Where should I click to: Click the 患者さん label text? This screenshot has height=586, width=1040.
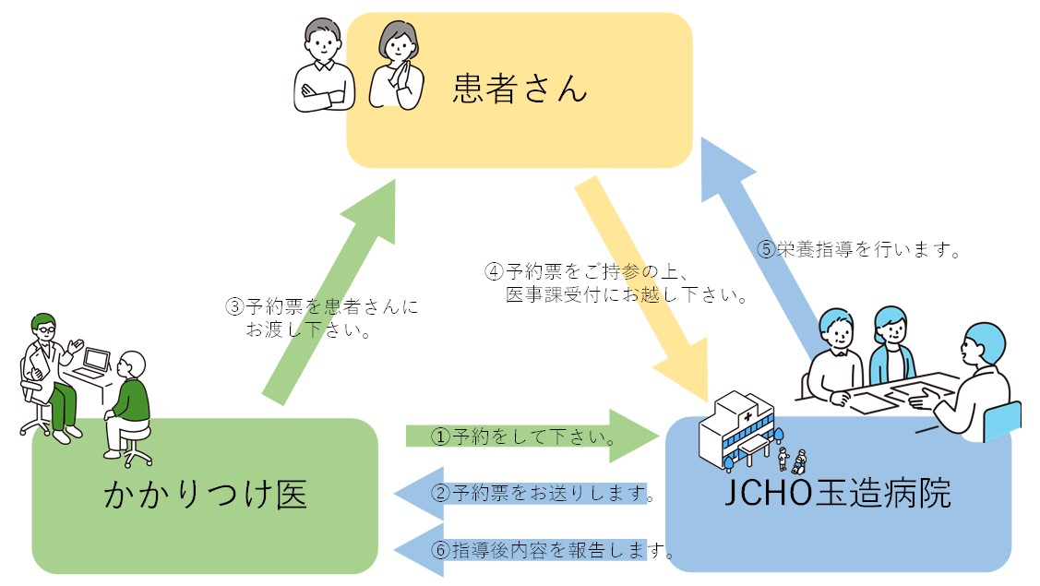tap(520, 89)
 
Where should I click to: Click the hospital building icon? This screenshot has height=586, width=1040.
tap(739, 429)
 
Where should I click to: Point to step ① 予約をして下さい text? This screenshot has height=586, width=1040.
tap(524, 435)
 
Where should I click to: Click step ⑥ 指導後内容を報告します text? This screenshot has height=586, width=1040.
tap(551, 551)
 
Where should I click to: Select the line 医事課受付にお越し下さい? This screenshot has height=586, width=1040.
tap(626, 295)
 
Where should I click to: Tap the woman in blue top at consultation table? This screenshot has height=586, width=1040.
tap(891, 346)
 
